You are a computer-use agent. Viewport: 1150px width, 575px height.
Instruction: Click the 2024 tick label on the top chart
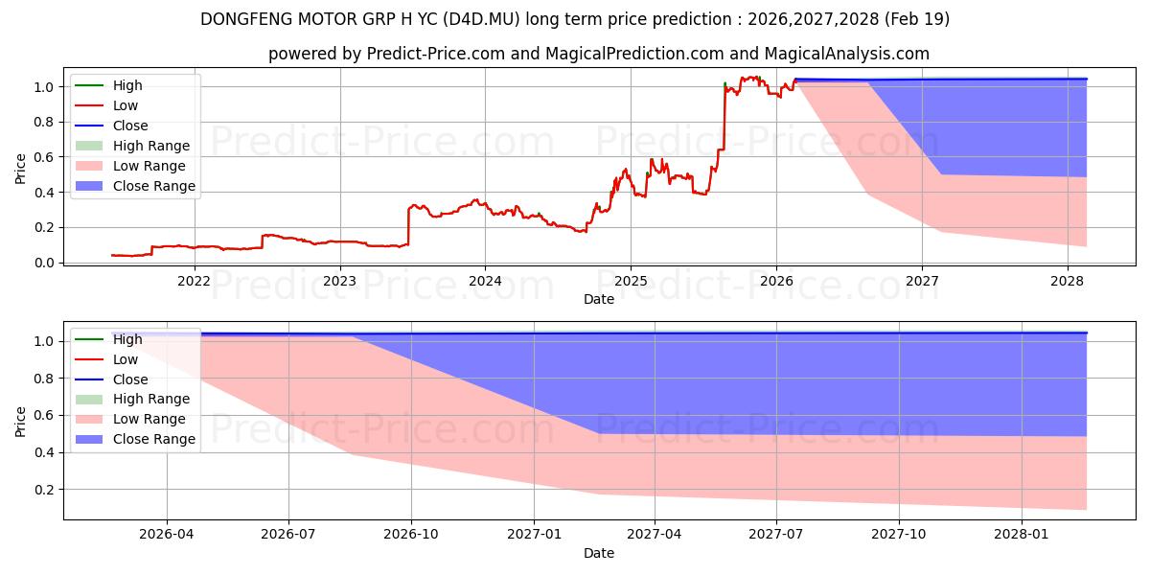tap(485, 282)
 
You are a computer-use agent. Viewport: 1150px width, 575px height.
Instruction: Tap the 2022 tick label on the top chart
tap(194, 282)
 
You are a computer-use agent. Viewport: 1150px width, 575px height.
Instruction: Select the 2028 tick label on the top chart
tap(1068, 282)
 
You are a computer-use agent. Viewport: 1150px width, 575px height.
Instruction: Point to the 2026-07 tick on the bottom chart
tap(288, 535)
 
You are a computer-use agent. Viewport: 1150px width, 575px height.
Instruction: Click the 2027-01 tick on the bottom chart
tap(534, 535)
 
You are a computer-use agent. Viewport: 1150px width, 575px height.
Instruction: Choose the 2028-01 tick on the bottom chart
tap(1022, 535)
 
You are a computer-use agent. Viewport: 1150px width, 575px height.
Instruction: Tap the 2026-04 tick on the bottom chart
tap(167, 535)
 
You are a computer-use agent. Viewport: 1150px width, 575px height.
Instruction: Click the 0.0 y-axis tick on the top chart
tap(44, 263)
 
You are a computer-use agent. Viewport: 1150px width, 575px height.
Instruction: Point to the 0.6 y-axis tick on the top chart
tap(44, 157)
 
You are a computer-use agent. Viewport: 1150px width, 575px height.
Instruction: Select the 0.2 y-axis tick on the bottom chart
tap(44, 490)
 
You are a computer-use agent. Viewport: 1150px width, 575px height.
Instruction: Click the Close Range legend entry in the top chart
tap(135, 186)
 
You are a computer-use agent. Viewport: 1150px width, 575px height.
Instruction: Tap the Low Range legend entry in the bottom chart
tap(130, 419)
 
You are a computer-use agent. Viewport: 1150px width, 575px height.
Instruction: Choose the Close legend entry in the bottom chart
tap(111, 379)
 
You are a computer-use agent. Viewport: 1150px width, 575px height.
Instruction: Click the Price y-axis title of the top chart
tap(20, 169)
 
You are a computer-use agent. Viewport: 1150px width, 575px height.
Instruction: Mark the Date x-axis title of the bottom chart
tap(599, 553)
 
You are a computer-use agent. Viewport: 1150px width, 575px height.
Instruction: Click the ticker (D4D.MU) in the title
tap(481, 19)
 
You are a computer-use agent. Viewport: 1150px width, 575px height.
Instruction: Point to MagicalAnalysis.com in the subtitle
tap(847, 54)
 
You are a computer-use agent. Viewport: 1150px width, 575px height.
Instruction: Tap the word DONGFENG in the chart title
tap(241, 19)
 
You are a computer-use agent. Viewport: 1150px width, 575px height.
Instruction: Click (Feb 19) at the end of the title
tap(916, 19)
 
